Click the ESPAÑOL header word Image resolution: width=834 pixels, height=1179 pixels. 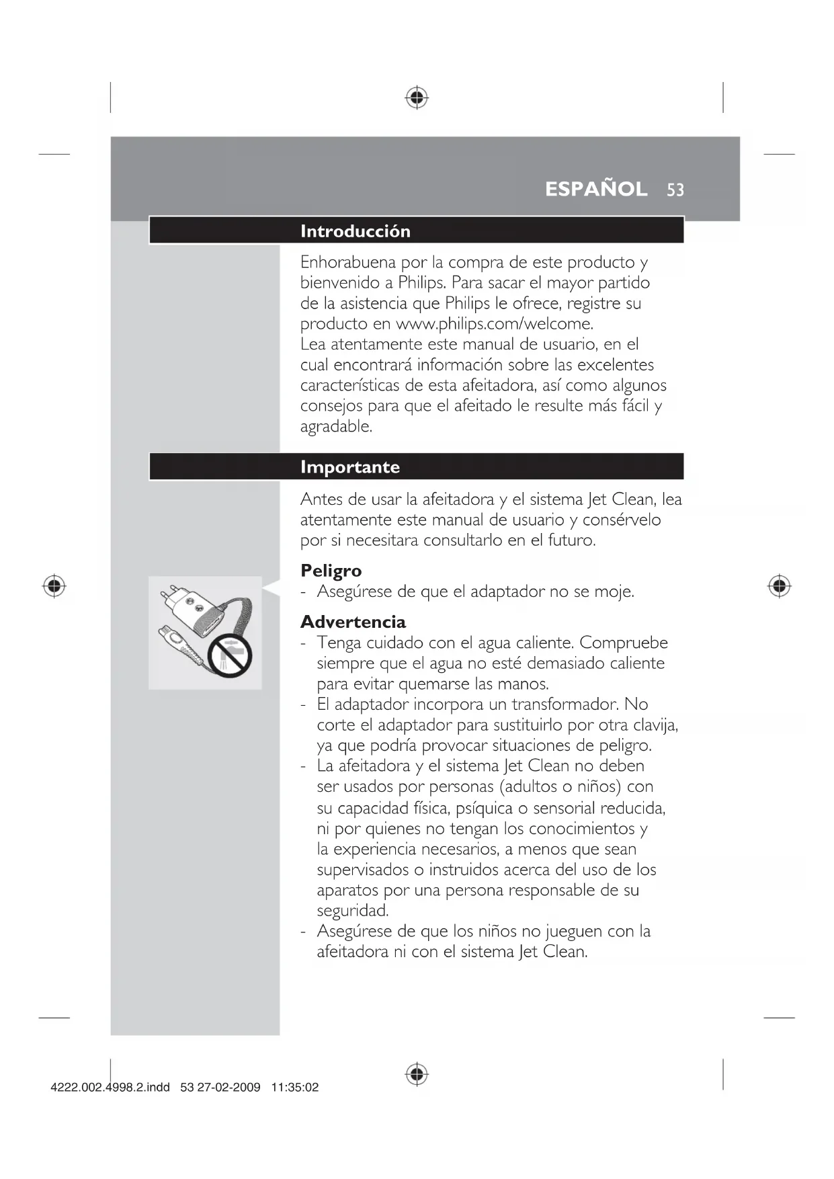[x=596, y=189]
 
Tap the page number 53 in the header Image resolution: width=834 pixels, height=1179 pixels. [x=675, y=190]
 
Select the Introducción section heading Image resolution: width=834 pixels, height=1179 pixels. [x=355, y=231]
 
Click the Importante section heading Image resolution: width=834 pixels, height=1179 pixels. [x=349, y=467]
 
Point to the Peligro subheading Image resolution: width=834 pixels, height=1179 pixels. [x=331, y=571]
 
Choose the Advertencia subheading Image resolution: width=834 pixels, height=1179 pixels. [x=353, y=622]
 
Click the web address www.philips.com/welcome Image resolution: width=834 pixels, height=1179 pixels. [x=494, y=324]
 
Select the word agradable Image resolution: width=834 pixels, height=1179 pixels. [x=335, y=427]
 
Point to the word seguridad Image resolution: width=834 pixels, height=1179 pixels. [x=352, y=911]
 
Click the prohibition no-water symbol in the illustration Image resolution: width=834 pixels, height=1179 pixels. [x=229, y=655]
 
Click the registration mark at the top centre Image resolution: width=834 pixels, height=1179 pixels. [x=417, y=97]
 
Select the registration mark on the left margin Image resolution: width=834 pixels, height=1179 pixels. [x=54, y=587]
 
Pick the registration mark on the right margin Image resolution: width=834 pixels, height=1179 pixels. [x=779, y=587]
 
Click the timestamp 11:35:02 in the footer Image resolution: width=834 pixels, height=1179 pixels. [x=294, y=1088]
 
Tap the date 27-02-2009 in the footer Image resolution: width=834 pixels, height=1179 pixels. [x=228, y=1088]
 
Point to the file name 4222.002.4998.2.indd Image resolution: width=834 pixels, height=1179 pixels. [x=110, y=1088]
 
